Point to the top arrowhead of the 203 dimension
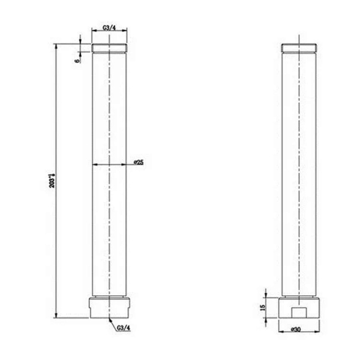(56, 48)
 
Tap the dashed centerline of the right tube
(298, 180)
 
